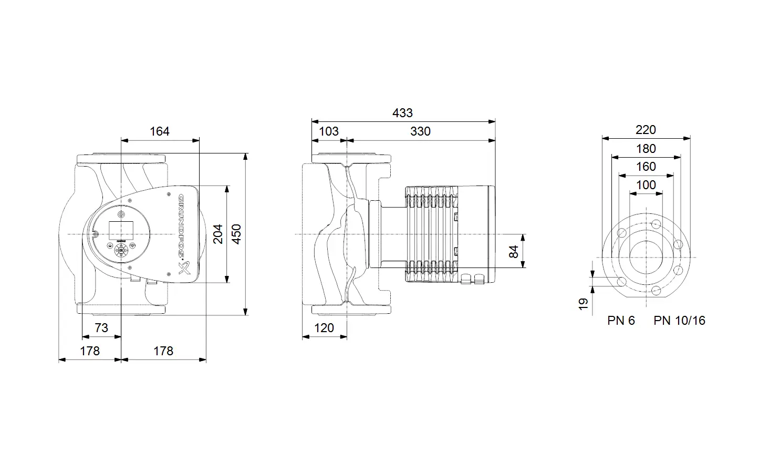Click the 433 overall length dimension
pos(402,113)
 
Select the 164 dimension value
pos(160,131)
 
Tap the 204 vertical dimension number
pos(217,234)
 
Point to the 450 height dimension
pos(236,234)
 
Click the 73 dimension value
pos(101,328)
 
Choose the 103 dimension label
pos(329,131)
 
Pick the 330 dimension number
pos(420,131)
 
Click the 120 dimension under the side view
pos(324,328)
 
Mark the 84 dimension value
pos(513,252)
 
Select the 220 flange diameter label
pos(646,130)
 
